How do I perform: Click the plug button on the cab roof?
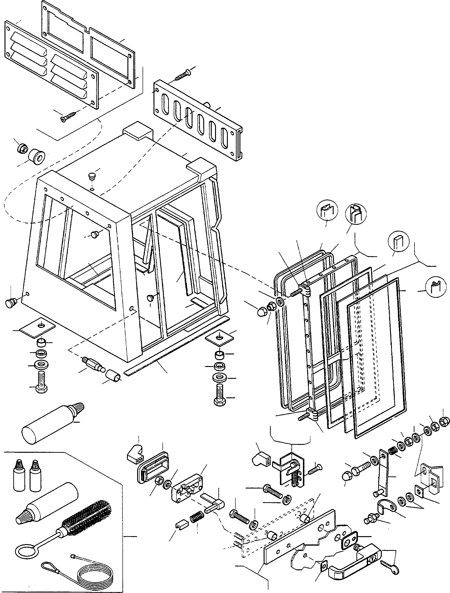pos(92,177)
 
